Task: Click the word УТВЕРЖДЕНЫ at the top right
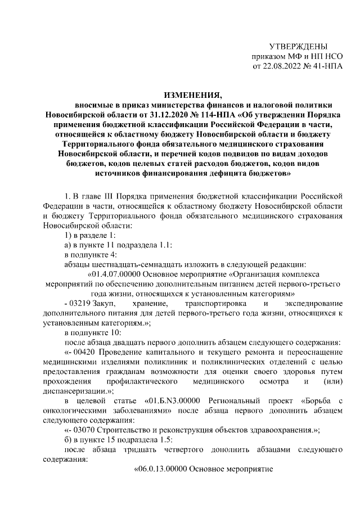(x=298, y=46)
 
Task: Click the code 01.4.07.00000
(x=116, y=273)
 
